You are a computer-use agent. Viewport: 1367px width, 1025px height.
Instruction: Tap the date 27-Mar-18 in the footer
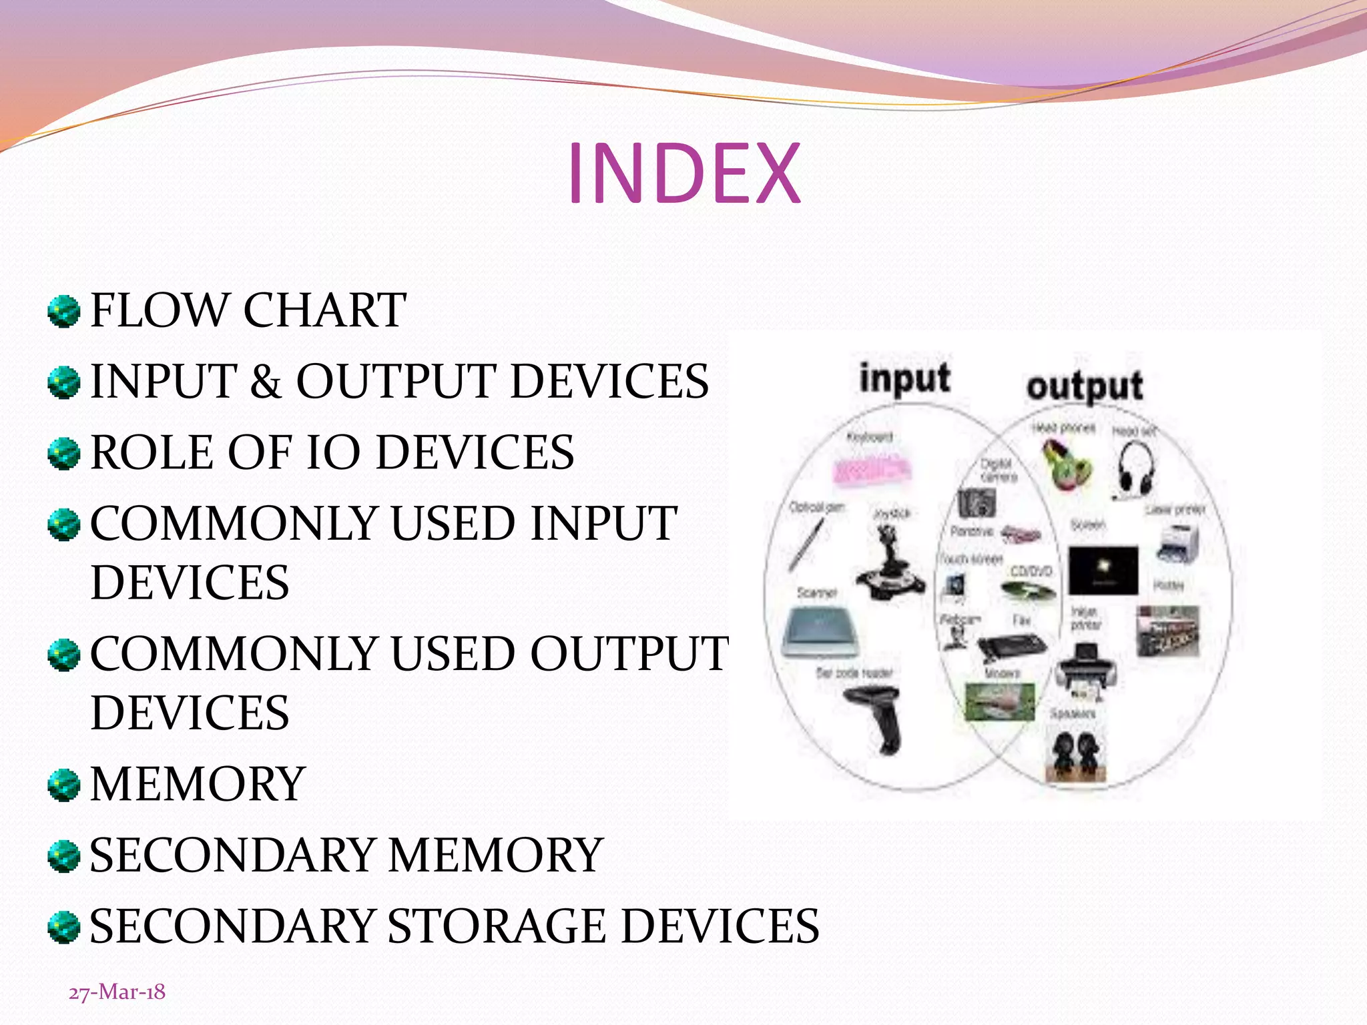(117, 992)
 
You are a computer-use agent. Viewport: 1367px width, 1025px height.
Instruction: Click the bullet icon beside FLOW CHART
(64, 312)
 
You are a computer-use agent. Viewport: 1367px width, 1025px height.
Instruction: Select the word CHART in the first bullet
(324, 310)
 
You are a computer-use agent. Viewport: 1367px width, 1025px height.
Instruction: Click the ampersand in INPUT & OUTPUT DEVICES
(266, 382)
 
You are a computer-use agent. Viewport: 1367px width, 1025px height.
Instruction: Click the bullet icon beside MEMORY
(64, 785)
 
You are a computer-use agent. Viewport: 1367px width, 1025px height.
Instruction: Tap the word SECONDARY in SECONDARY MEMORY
(232, 856)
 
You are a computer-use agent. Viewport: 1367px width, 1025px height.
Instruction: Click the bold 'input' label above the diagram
(904, 379)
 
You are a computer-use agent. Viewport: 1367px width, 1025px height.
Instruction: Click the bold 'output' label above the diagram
(1085, 387)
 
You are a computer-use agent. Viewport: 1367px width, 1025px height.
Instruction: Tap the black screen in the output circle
(1103, 570)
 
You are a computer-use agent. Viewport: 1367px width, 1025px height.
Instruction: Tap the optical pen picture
(806, 544)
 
